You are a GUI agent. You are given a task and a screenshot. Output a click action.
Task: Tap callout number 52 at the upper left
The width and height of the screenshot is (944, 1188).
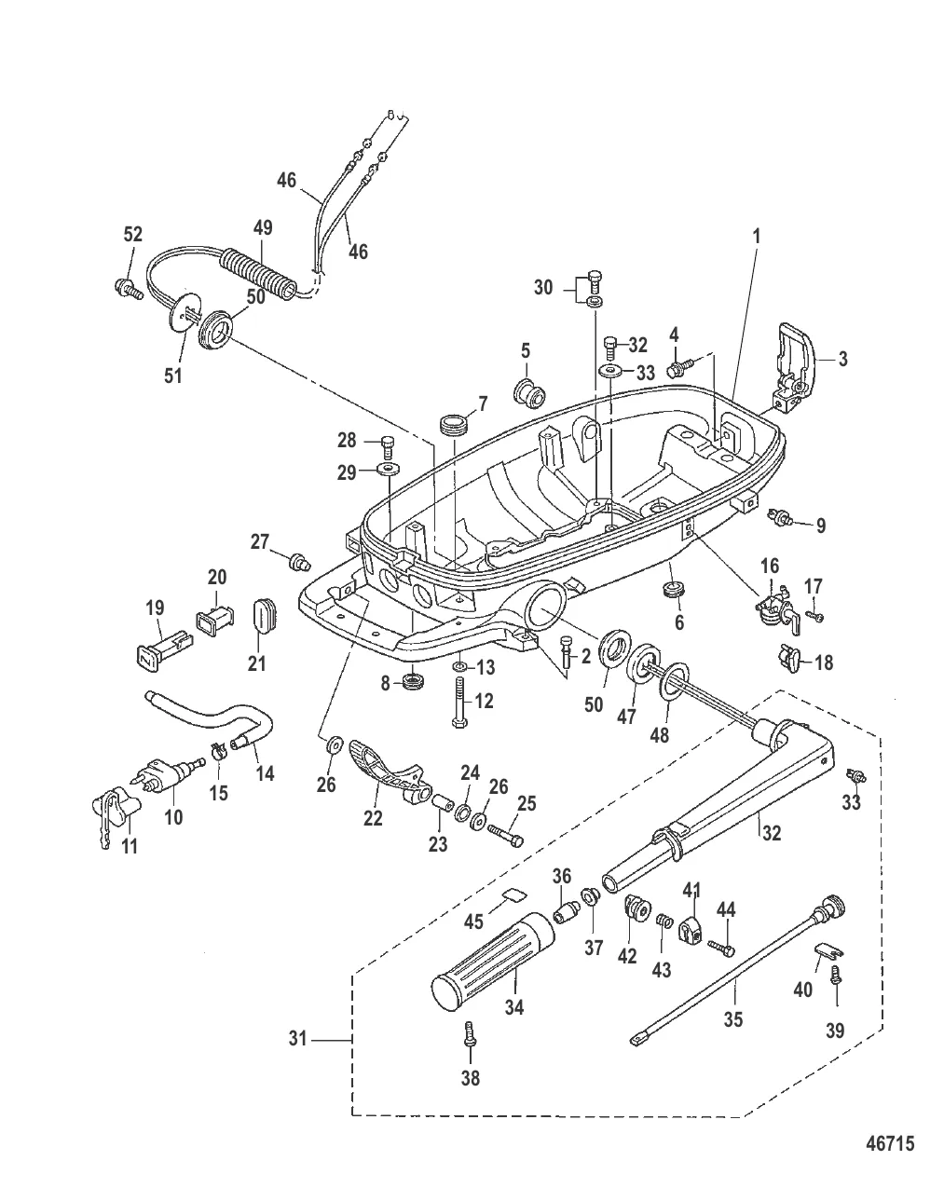click(x=132, y=234)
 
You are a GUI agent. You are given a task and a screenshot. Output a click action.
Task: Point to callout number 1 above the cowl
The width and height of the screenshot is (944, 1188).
click(x=757, y=237)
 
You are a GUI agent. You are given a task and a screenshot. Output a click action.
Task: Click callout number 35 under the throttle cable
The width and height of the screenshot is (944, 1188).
click(x=733, y=1019)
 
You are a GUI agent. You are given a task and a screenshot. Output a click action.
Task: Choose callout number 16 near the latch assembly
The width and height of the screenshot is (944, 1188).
click(x=770, y=566)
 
